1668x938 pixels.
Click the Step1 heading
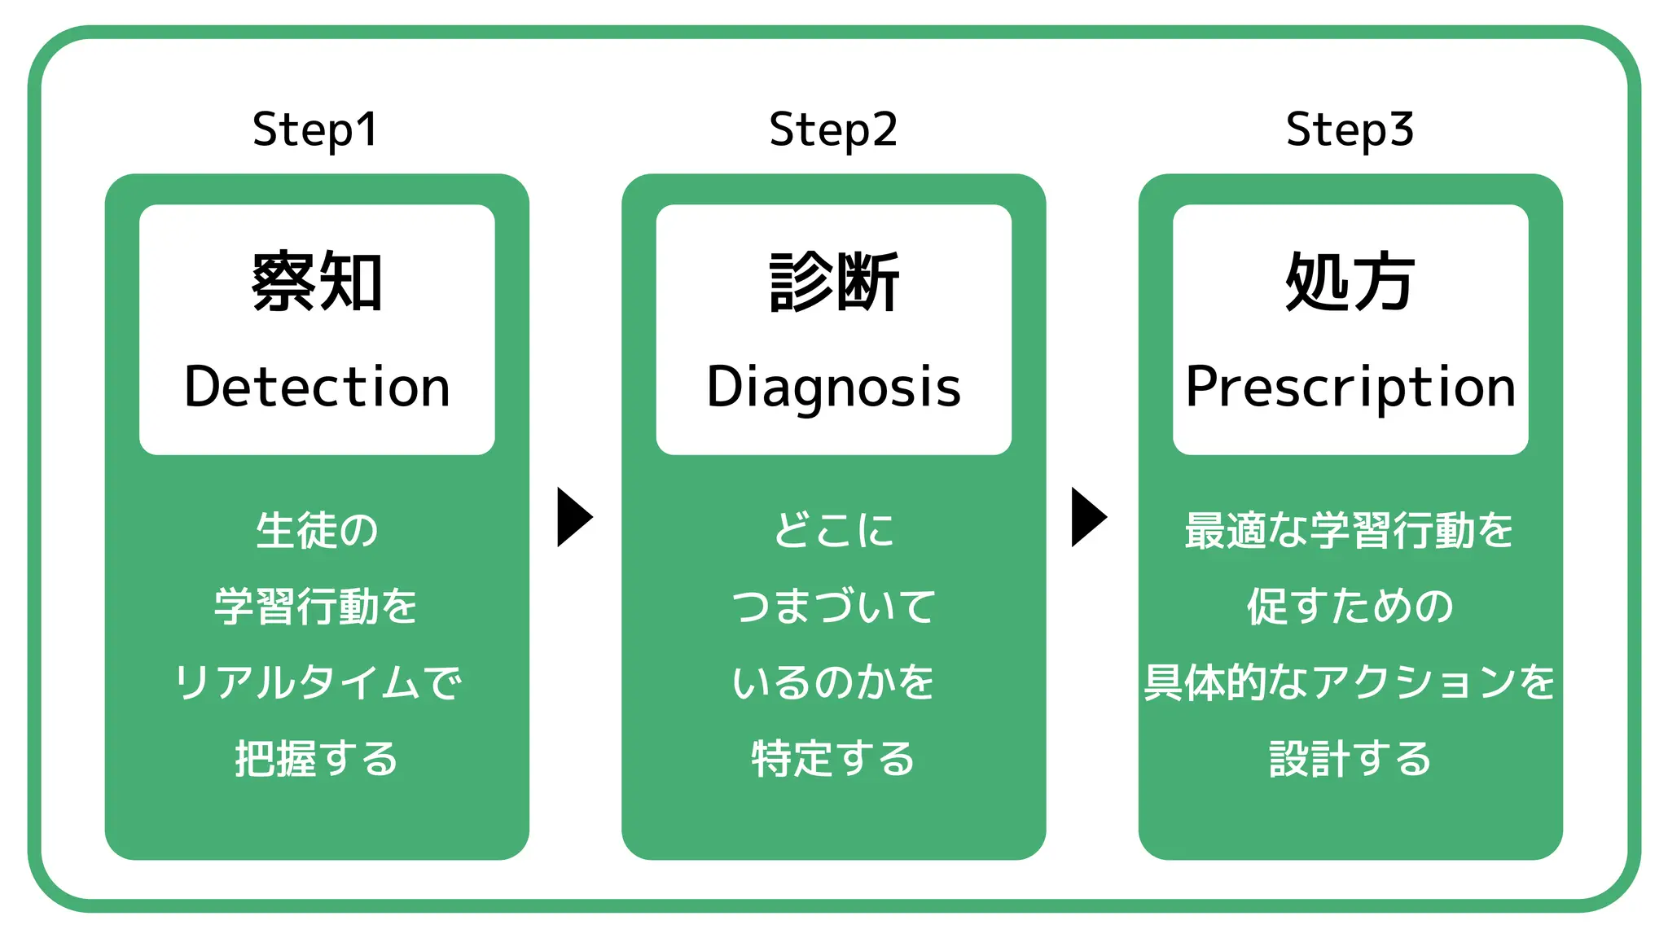click(x=316, y=130)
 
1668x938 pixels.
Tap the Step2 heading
click(x=833, y=130)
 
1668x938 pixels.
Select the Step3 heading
click(x=1350, y=130)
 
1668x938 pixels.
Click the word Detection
click(x=317, y=387)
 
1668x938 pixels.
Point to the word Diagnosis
click(x=833, y=388)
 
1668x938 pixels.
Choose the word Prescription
click(x=1350, y=388)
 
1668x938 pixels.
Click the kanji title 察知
click(x=317, y=282)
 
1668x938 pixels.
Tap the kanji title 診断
click(x=833, y=282)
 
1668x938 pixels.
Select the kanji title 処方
click(x=1350, y=282)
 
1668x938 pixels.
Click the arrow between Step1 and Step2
click(x=573, y=517)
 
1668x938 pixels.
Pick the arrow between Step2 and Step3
click(x=1088, y=517)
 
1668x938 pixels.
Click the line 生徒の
click(x=317, y=530)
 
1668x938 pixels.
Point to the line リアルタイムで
click(x=317, y=682)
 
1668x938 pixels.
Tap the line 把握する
click(x=317, y=758)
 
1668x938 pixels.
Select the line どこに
click(x=833, y=530)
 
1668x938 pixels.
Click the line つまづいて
click(x=833, y=607)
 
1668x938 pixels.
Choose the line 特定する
click(x=833, y=758)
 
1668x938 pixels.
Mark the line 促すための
click(x=1350, y=607)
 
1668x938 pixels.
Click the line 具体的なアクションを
click(x=1350, y=682)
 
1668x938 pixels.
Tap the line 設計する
click(x=1350, y=758)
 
